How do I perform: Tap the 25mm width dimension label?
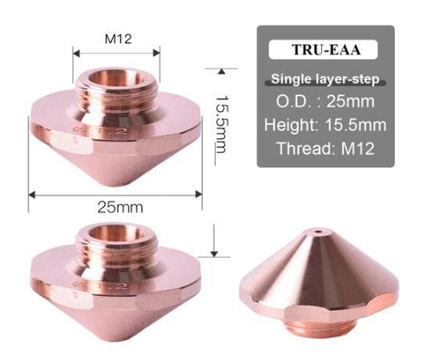click(117, 207)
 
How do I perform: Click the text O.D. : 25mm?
click(324, 102)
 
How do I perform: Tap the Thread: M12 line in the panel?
click(324, 148)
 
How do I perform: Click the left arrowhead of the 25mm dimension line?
click(33, 193)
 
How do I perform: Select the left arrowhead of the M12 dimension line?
click(77, 54)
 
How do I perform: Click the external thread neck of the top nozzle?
click(117, 94)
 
